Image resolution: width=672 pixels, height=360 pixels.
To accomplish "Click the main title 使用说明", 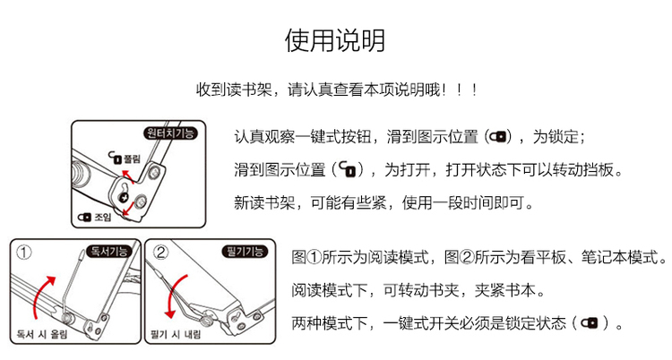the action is tap(335, 40).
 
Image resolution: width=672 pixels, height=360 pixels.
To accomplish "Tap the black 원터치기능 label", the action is tap(170, 133).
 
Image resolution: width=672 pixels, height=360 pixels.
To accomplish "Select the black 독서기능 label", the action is tap(108, 251).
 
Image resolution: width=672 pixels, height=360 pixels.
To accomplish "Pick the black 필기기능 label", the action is tap(245, 251).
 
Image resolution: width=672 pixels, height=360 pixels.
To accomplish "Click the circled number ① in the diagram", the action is tap(24, 252).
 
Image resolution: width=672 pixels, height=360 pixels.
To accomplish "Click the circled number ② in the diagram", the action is tap(159, 252).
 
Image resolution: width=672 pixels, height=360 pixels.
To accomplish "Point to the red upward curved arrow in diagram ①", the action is tap(40, 296).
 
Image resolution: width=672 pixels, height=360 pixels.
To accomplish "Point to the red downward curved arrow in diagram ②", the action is tap(173, 296).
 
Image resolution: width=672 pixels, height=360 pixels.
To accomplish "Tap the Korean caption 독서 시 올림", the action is tap(42, 334).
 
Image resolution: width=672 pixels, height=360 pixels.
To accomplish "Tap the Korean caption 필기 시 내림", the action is tap(176, 334).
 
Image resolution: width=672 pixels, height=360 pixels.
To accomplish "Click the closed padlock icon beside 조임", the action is tap(84, 218).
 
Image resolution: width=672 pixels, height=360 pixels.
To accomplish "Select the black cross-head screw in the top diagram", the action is tap(125, 198).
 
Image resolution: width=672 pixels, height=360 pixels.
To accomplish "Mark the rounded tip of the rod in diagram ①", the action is tap(82, 256).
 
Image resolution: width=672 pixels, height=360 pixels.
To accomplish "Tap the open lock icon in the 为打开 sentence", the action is tap(348, 170).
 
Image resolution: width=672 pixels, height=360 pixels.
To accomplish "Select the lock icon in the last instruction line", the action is tap(590, 322).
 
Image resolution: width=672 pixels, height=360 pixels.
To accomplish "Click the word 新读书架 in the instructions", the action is tap(264, 202).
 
